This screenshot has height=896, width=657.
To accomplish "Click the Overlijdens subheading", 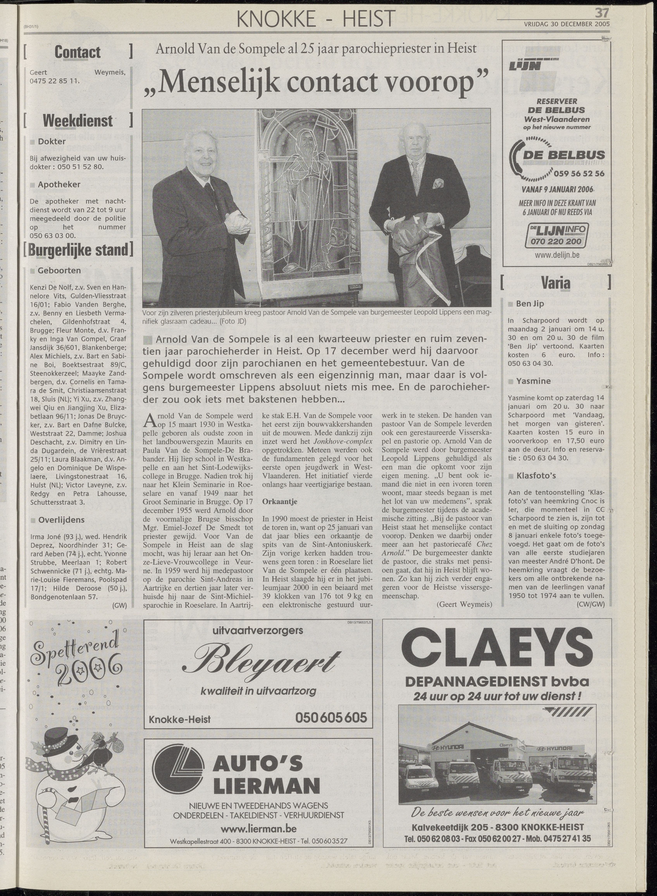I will pos(61,520).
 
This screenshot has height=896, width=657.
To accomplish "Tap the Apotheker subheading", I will pos(59,184).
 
